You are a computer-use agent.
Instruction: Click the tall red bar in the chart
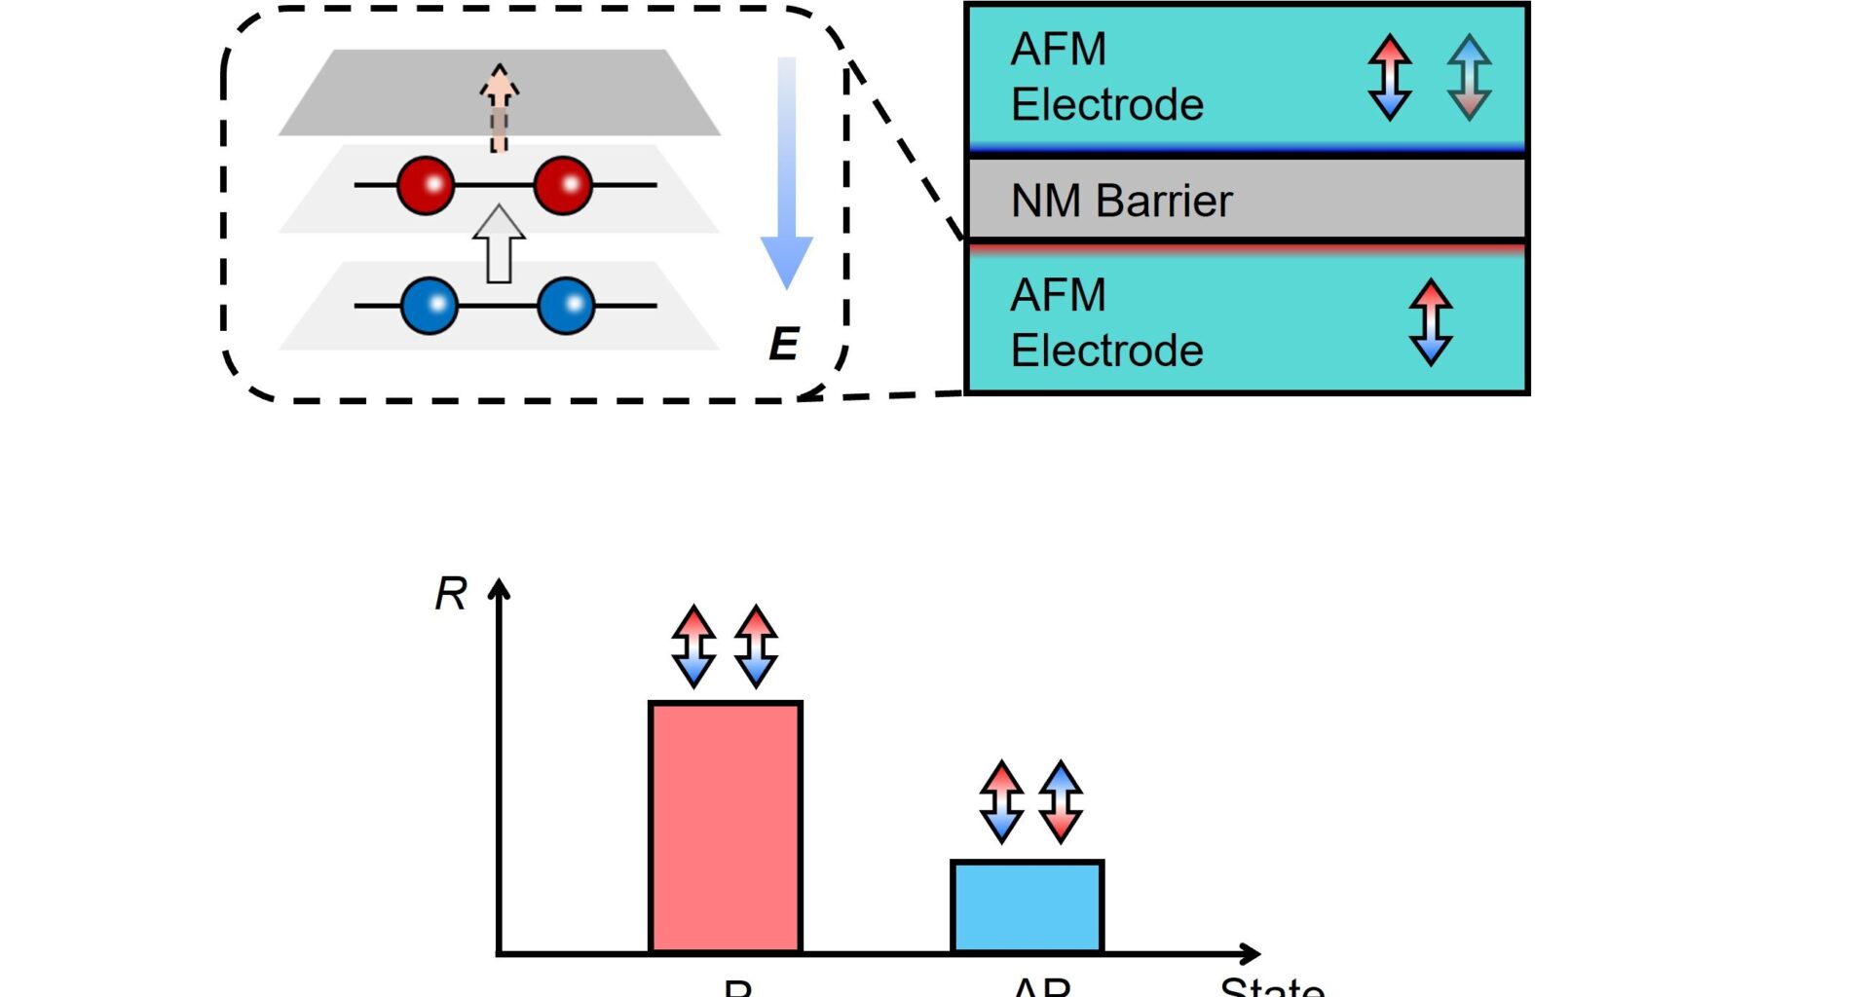726,828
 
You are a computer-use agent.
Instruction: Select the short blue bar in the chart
1027,906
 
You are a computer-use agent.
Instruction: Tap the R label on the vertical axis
451,594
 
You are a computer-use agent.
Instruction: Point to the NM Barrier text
1121,202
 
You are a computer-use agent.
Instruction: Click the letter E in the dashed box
784,345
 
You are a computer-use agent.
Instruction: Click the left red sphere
426,185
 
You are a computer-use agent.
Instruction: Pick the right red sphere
563,185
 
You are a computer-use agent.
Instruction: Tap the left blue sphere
430,306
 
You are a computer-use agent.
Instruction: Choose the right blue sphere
566,306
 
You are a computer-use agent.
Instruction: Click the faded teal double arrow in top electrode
1469,77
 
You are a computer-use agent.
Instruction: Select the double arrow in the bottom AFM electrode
1430,322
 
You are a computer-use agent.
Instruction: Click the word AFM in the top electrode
1059,50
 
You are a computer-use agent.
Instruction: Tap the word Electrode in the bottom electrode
1106,351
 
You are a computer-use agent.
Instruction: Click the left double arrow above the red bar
693,646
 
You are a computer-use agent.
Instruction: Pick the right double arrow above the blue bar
1061,801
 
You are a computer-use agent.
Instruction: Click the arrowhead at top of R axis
499,588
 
